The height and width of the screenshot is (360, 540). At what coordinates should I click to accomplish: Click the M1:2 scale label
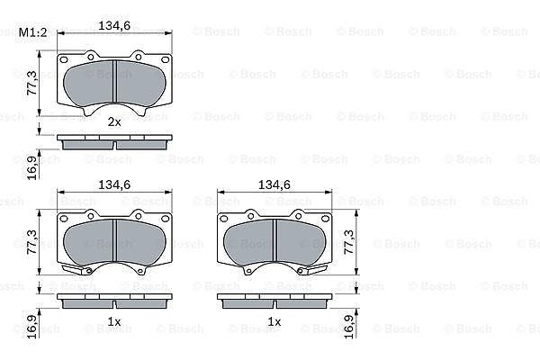pos(32,32)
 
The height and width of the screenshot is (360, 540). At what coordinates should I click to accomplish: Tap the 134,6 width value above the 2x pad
pos(114,25)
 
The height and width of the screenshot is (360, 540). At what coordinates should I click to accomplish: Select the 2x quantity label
pos(114,121)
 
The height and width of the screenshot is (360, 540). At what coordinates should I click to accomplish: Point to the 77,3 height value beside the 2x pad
pos(32,83)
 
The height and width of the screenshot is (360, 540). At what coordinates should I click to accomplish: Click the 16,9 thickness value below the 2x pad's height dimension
pos(32,167)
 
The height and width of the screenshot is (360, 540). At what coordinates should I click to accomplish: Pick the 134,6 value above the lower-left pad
pos(114,184)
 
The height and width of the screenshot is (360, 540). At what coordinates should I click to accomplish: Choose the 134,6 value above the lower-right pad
pos(274,184)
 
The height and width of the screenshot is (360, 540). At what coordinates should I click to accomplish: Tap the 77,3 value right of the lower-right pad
pos(349,242)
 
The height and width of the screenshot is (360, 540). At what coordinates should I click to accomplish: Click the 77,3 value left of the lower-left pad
pos(32,242)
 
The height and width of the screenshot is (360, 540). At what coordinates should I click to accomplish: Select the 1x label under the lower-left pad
pos(114,322)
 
